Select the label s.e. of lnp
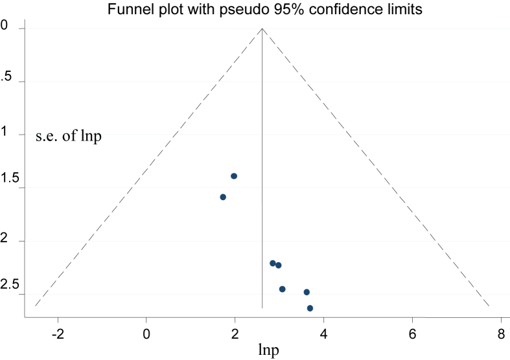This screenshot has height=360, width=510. pos(69,136)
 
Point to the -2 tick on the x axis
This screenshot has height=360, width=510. pos(58,333)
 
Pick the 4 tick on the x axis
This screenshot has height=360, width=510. pos(323,333)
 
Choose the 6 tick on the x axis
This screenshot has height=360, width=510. pos(412,333)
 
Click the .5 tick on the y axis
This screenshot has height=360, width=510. pos(6,77)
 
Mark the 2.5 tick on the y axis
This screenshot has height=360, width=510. pos(9,286)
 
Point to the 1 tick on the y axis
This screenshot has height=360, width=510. pos(5,133)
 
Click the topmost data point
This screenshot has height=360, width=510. pos(234,176)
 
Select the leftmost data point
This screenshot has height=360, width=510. pos(223,197)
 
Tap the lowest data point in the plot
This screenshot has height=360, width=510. pos(310,308)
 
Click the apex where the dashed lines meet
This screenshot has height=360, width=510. pos(262,28)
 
